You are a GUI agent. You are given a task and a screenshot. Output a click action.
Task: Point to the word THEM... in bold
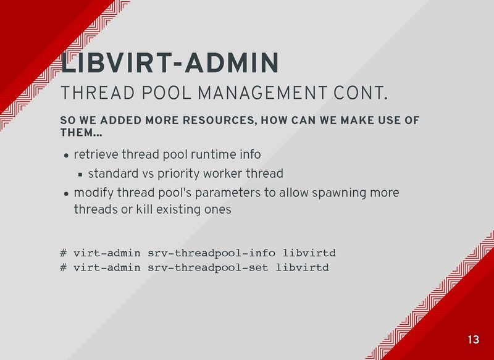tap(81, 132)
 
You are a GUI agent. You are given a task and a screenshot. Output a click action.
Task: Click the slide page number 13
tap(473, 340)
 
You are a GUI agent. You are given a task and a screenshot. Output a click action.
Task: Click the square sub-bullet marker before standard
tap(80, 174)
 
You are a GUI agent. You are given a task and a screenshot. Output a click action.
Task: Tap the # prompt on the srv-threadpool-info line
tap(64, 253)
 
